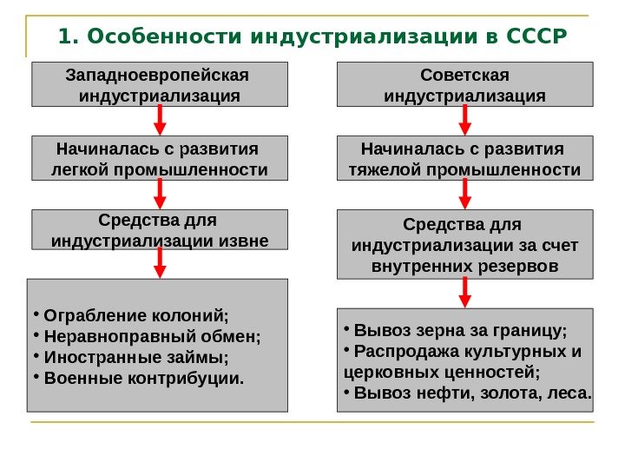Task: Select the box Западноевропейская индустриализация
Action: coord(160,83)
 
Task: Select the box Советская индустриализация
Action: coord(464,83)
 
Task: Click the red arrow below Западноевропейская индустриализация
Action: coord(160,120)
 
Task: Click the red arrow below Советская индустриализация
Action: coord(464,120)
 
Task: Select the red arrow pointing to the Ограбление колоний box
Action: coord(160,262)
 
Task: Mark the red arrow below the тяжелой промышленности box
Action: coord(464,194)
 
